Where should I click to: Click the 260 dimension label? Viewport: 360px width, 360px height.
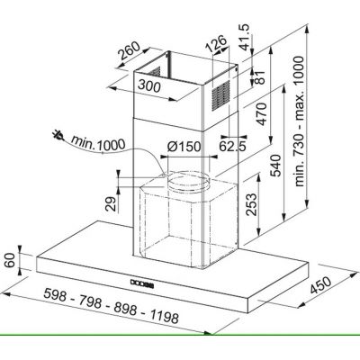[129, 50]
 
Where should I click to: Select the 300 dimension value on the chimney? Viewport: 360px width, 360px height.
[149, 86]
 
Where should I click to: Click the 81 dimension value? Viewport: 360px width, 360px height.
[260, 77]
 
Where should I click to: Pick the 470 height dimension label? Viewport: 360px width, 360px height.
[261, 113]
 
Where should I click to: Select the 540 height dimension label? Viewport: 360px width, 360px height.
[275, 166]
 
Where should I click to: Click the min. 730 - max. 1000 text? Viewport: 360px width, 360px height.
[299, 121]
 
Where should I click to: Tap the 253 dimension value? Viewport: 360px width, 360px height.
[251, 204]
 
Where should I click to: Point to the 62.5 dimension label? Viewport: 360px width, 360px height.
[232, 146]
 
